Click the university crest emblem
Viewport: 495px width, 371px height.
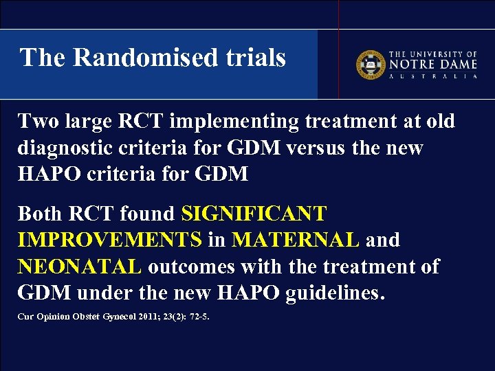pyautogui.click(x=370, y=64)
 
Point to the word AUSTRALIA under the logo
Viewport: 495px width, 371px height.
pyautogui.click(x=433, y=76)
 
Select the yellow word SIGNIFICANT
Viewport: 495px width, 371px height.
pyautogui.click(x=254, y=214)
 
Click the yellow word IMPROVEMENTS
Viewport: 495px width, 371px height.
pyautogui.click(x=110, y=240)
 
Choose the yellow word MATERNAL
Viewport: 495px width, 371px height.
pyautogui.click(x=296, y=240)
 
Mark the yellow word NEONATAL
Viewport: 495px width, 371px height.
pyautogui.click(x=80, y=267)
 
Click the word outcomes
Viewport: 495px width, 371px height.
pyautogui.click(x=193, y=267)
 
